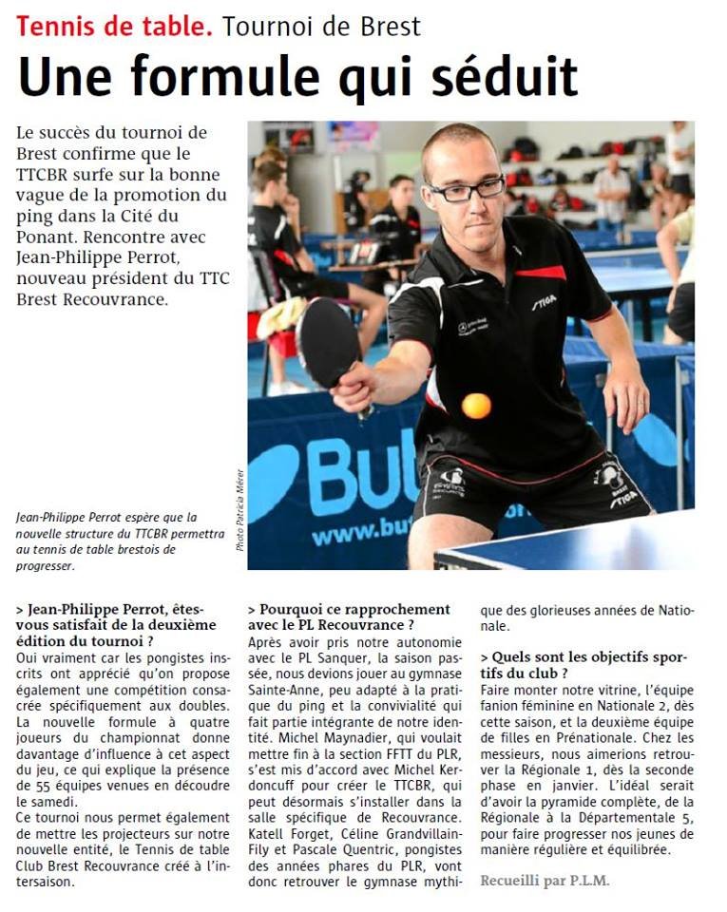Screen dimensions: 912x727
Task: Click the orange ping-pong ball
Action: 476,406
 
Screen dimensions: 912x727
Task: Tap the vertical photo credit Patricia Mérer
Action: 239,511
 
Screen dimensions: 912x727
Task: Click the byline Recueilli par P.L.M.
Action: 545,880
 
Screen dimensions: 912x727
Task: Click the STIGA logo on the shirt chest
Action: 544,301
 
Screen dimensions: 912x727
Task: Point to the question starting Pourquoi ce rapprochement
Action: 349,617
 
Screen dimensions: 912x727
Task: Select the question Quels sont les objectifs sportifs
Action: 584,665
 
